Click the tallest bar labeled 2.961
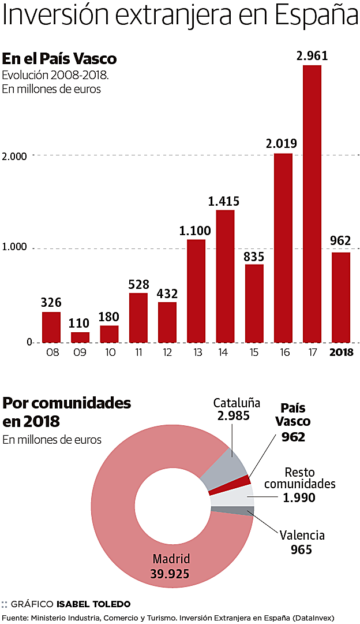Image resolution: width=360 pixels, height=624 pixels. (x=312, y=203)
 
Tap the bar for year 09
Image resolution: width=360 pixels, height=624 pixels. (x=80, y=337)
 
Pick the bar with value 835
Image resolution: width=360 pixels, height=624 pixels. (x=254, y=303)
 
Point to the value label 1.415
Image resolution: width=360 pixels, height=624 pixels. (x=224, y=202)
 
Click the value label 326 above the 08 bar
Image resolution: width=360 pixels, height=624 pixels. (x=51, y=302)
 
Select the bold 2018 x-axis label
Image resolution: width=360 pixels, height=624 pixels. (x=341, y=351)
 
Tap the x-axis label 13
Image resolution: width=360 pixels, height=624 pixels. (x=196, y=351)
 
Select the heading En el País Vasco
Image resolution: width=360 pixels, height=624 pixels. (x=59, y=59)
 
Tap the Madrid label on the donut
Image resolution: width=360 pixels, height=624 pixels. (x=171, y=559)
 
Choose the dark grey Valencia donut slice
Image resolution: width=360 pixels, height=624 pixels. (x=232, y=511)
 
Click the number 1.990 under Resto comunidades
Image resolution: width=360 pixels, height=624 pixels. (x=299, y=497)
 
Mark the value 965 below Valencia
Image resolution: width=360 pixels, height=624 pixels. (x=302, y=549)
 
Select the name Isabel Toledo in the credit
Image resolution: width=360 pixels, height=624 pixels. (x=93, y=604)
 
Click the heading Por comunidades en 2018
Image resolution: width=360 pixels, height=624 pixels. (x=67, y=411)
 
